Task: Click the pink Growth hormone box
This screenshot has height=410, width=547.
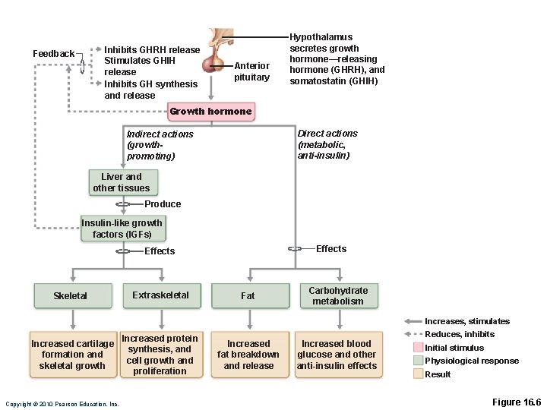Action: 210,112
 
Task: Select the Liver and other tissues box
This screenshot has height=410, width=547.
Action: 122,182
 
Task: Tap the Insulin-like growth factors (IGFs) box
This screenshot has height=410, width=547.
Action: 122,229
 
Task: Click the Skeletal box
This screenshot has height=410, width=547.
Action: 71,295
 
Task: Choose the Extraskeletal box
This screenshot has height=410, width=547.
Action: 160,295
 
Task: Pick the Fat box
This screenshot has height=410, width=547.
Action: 248,295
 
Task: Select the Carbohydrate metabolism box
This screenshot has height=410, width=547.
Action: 337,295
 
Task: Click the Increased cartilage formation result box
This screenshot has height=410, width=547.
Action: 73,355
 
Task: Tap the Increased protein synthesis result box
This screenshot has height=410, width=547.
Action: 160,355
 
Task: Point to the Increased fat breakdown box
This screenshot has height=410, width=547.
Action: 248,355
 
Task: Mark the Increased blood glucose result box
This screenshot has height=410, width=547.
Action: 337,355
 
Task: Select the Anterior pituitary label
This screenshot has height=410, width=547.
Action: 251,71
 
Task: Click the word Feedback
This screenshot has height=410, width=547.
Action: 54,54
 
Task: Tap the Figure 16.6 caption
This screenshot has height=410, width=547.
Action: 516,402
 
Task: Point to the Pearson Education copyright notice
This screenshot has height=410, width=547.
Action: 62,404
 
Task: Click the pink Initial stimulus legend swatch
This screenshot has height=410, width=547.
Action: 418,348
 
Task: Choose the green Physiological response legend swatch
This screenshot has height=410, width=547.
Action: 418,361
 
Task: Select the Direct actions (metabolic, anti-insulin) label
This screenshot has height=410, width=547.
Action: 327,144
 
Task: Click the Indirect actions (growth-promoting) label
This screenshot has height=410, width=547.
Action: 160,145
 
